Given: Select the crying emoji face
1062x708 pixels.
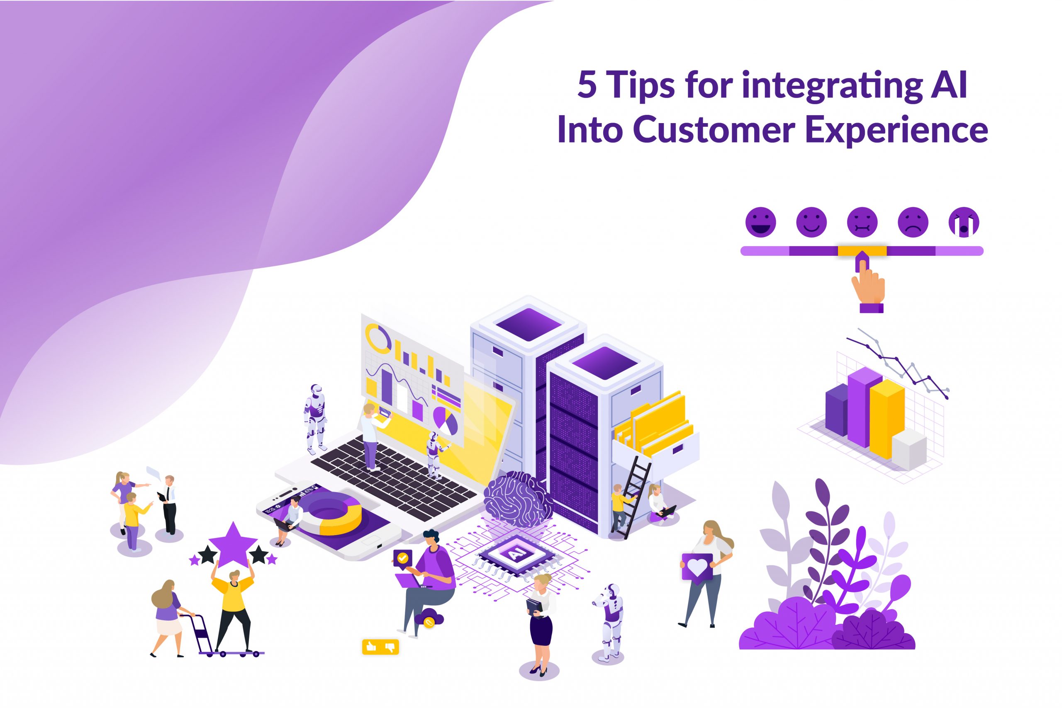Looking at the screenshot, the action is coord(964,222).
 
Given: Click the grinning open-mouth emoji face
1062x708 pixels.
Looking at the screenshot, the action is coord(760,222).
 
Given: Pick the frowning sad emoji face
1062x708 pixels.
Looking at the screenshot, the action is coord(913,222).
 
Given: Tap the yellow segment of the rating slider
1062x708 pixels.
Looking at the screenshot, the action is coord(862,251).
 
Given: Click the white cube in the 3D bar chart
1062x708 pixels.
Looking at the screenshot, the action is coord(909,449).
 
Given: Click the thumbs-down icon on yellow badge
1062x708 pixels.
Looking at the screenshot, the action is coord(390,647).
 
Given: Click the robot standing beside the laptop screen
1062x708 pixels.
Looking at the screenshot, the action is coord(315,418).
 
